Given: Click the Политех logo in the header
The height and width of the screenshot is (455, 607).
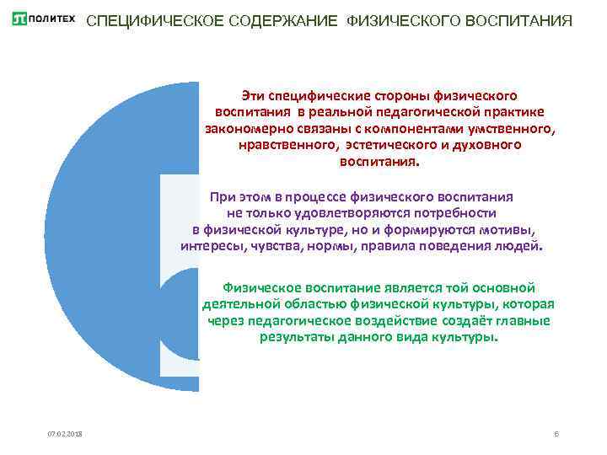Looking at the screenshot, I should coord(43,19).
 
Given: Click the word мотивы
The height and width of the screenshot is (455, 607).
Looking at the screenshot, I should coord(513,229).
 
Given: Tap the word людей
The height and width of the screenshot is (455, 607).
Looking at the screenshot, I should coord(521,247).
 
